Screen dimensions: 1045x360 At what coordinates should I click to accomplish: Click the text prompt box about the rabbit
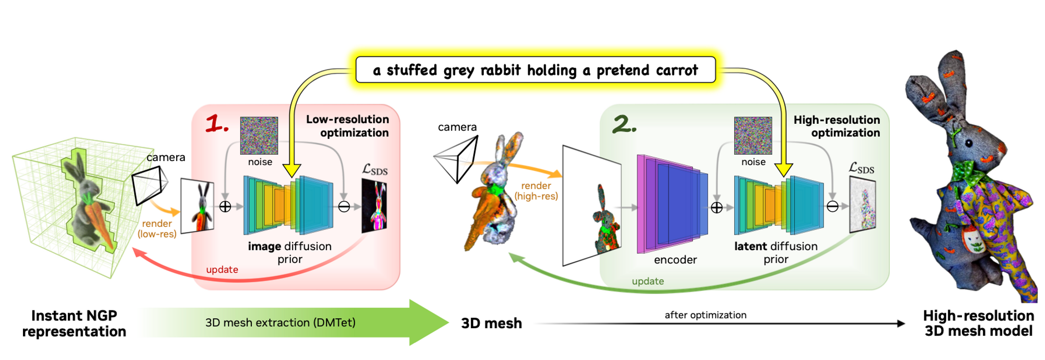point(535,70)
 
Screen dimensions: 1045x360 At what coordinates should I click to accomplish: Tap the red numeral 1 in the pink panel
point(216,124)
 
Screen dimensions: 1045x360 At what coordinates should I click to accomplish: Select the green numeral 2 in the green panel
point(624,124)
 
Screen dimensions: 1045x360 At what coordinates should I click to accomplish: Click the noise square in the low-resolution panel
point(259,135)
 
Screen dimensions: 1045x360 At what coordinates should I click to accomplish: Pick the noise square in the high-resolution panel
point(753,135)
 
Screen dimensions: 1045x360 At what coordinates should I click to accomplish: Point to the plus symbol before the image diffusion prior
point(225,206)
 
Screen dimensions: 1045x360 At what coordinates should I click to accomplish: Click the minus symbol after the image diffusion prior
point(344,207)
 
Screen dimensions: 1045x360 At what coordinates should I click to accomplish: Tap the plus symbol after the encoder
point(716,207)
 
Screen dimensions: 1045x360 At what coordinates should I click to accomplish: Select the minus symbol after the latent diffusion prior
point(832,207)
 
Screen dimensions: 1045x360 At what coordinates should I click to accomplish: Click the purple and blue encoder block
point(672,204)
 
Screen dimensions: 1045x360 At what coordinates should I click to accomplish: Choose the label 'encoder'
point(675,260)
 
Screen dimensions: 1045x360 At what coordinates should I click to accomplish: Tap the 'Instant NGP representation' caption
point(74,323)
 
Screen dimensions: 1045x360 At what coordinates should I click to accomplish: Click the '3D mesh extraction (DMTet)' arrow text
point(280,322)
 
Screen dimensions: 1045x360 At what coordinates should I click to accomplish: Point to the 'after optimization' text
point(705,315)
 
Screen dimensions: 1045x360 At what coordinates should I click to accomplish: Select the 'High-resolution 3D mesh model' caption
point(978,323)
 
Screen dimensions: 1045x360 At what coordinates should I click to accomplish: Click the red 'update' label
point(222,270)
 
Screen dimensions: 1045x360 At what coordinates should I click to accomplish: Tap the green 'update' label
point(648,281)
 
